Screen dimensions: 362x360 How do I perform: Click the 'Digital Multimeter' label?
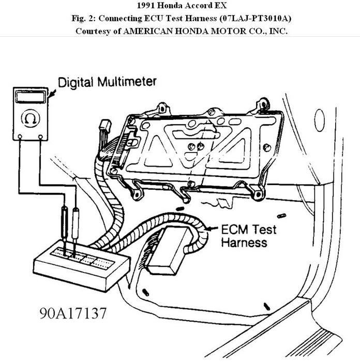(x=107, y=82)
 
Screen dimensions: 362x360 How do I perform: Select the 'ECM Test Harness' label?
(x=244, y=235)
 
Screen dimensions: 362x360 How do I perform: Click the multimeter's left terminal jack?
(x=19, y=137)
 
